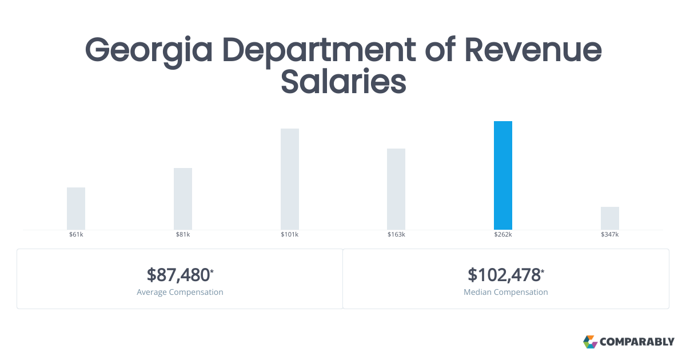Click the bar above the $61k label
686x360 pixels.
(x=76, y=209)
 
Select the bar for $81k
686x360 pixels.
(x=183, y=199)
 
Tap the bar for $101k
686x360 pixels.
(x=290, y=179)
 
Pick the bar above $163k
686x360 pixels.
(x=396, y=189)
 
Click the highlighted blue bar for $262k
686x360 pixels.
(x=503, y=175)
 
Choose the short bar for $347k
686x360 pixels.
(x=610, y=218)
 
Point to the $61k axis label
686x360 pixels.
(x=76, y=235)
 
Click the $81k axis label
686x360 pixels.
(x=183, y=235)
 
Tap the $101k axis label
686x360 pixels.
(x=290, y=235)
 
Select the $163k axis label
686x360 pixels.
(x=396, y=235)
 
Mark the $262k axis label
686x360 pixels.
(x=503, y=235)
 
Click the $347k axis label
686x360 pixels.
(x=610, y=235)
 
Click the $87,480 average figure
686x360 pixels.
(x=179, y=275)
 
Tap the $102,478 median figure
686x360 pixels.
(x=504, y=275)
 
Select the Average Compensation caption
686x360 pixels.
(x=180, y=292)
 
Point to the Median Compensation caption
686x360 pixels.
(x=506, y=292)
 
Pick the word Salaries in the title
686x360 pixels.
(x=343, y=82)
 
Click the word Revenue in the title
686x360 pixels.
(x=533, y=50)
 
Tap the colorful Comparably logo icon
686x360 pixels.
(x=590, y=342)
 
